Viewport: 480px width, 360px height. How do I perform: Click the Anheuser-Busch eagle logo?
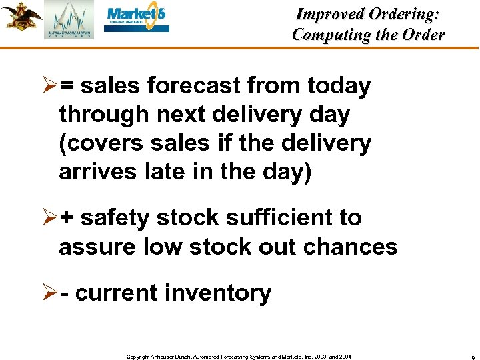[21, 16]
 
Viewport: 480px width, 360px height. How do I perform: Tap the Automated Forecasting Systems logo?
[69, 21]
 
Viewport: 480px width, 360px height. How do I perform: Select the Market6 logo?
[137, 20]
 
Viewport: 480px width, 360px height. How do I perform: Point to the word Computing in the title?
[329, 35]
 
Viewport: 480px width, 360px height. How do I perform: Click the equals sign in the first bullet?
[67, 86]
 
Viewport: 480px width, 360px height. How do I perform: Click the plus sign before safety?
[67, 218]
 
